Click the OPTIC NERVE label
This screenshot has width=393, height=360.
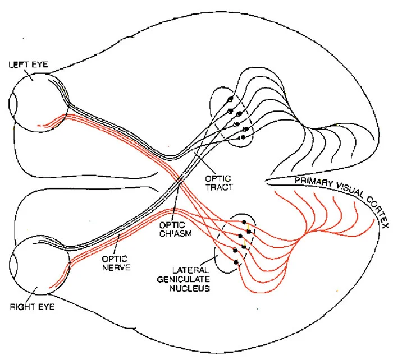[116, 263]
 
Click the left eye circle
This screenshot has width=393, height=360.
[38, 101]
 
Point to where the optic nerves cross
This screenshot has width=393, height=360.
[179, 181]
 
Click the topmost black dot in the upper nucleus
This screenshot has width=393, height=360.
[230, 99]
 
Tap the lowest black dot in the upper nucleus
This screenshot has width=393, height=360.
[243, 137]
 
